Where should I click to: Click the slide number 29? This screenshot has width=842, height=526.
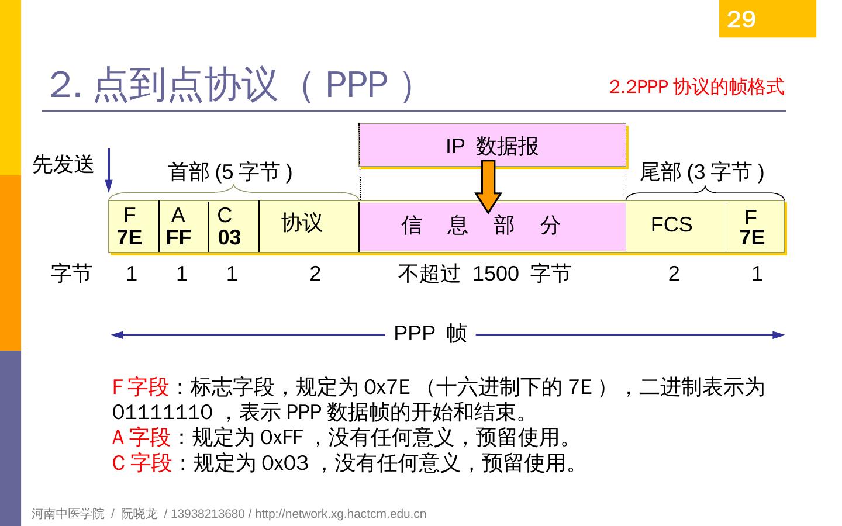tap(741, 20)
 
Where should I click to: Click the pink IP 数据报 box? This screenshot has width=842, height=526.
tap(492, 146)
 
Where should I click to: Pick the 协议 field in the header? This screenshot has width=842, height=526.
tap(308, 227)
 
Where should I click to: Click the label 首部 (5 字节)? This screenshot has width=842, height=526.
tap(230, 172)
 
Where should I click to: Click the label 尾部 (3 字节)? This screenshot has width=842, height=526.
tap(702, 172)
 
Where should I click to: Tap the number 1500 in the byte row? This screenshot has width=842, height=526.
tap(495, 274)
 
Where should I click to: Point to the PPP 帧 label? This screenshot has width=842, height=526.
tap(430, 334)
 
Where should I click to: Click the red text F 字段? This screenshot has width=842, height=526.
tap(140, 387)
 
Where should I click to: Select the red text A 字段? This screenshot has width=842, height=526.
tap(141, 437)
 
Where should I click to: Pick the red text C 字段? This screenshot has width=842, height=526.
tap(142, 463)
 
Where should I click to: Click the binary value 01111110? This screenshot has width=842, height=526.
tap(162, 413)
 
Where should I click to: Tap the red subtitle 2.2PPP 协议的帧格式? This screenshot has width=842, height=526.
tap(696, 87)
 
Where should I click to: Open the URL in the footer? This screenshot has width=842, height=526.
tap(340, 514)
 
